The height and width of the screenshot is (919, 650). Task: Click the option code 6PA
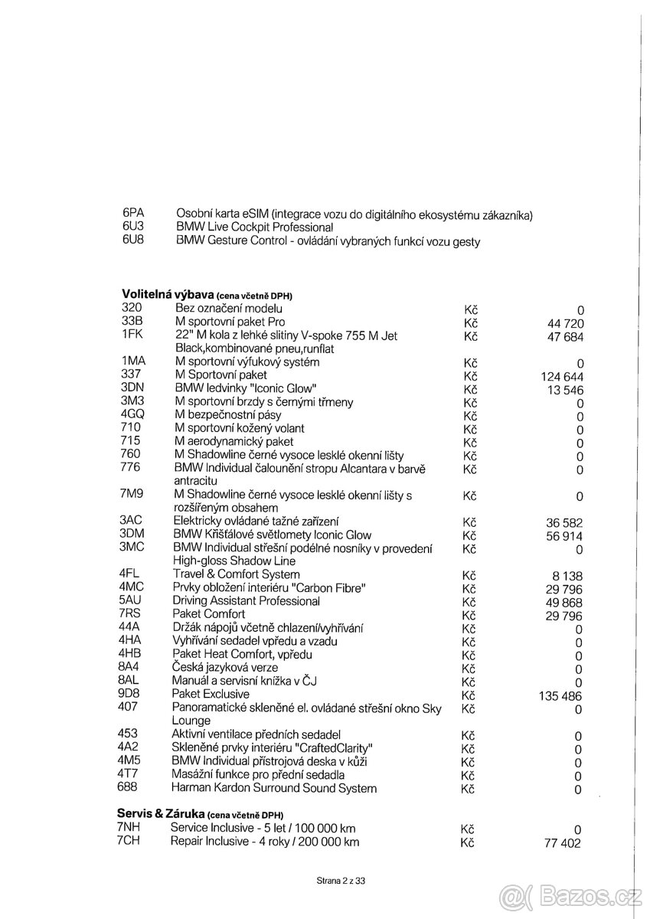click(x=133, y=213)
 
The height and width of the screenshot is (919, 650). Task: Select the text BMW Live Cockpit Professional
click(x=254, y=227)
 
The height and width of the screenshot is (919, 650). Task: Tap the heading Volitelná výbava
click(x=168, y=295)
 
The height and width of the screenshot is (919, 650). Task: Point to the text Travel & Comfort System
click(x=236, y=574)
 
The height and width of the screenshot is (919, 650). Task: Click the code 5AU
click(x=130, y=601)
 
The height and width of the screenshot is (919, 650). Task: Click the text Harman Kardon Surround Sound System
click(x=274, y=787)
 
